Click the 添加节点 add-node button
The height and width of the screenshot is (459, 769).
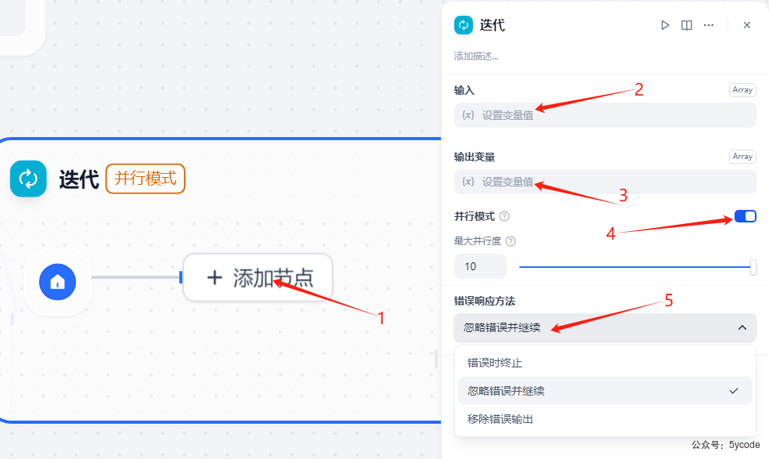(258, 277)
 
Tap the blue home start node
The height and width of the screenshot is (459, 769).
(57, 282)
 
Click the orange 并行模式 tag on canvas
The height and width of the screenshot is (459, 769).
(146, 179)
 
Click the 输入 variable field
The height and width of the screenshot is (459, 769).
(605, 115)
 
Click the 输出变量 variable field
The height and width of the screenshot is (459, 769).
(605, 182)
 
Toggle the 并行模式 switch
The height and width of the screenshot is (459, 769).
(745, 216)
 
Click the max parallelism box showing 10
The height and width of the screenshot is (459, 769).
(480, 266)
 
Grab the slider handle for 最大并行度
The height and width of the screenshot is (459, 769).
(753, 267)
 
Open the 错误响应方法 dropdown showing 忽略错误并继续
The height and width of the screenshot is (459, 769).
(605, 327)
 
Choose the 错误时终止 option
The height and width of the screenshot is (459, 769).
(495, 363)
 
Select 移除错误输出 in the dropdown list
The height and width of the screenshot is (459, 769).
(500, 419)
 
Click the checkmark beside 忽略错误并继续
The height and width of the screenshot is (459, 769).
(734, 391)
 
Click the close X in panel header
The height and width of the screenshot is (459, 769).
(747, 25)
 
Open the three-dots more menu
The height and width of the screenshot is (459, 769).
(709, 25)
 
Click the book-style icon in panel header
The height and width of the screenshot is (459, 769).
(687, 25)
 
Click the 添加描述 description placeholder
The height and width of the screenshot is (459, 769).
(476, 56)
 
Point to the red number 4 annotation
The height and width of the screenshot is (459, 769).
(611, 233)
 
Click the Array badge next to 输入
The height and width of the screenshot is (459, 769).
(742, 90)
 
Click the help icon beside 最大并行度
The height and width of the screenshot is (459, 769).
(511, 241)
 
